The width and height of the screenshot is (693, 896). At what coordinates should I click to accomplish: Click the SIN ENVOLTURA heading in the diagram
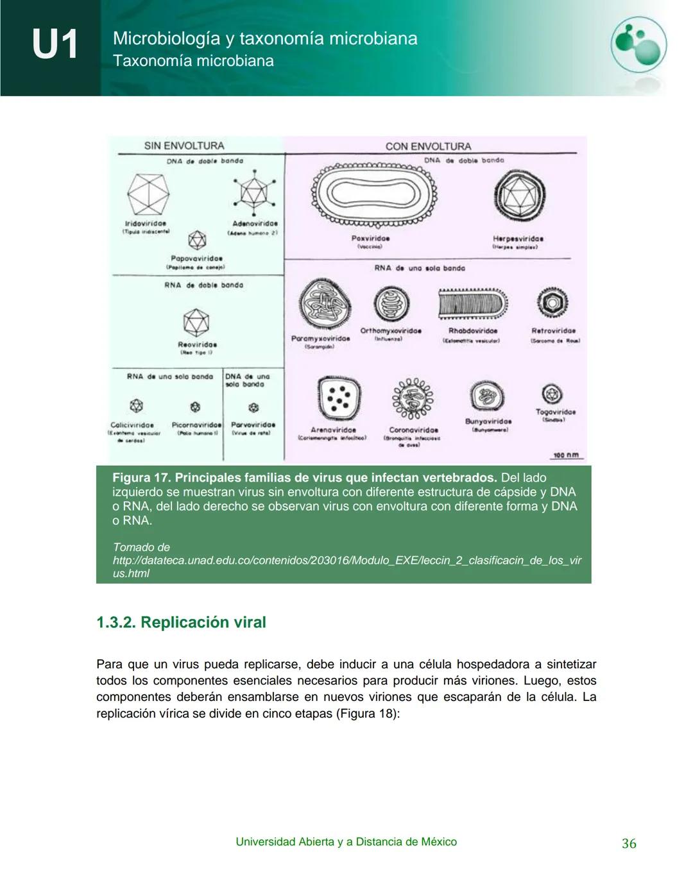184,146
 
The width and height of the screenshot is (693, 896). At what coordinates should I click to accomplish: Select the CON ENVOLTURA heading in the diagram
428,146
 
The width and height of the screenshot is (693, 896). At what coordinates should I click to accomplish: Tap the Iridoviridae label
146,224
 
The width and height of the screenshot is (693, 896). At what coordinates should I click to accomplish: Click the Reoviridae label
197,344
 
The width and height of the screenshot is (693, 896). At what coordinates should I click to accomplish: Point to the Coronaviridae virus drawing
413,399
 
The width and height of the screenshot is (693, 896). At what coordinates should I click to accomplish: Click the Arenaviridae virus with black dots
338,398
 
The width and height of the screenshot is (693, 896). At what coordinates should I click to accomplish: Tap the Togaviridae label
555,412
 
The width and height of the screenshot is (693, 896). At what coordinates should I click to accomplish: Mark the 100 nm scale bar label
566,455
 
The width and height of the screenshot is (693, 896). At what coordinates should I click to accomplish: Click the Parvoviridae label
253,425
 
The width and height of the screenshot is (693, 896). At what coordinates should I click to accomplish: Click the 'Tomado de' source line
141,547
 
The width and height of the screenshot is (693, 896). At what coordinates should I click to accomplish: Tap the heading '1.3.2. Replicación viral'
181,622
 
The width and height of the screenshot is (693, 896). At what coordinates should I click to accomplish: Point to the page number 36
628,843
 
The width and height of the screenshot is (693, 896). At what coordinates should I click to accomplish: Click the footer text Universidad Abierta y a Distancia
346,841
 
